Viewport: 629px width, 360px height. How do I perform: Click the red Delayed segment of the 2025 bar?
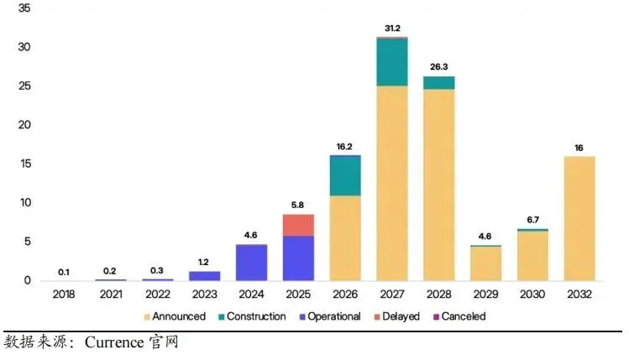[298, 225]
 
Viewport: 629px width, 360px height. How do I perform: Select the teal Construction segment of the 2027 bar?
[392, 62]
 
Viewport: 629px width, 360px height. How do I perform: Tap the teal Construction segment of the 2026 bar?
[345, 175]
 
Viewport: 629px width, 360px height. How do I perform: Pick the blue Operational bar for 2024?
[252, 263]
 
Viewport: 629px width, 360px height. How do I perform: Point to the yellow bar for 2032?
[579, 218]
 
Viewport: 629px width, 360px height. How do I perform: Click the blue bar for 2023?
[205, 276]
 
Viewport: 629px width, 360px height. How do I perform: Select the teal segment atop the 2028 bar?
[439, 83]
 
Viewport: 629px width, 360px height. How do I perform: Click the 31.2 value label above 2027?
[392, 28]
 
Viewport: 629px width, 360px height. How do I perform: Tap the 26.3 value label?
[439, 66]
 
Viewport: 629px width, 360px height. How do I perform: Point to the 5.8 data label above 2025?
[297, 205]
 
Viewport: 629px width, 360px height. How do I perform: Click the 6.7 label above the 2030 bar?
[532, 220]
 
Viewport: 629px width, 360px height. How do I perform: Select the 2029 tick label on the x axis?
[485, 295]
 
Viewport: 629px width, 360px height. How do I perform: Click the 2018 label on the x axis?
[63, 295]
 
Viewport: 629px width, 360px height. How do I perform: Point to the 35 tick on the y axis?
[24, 8]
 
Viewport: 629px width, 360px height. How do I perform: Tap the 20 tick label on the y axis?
[24, 125]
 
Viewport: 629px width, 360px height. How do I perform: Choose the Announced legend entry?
[175, 316]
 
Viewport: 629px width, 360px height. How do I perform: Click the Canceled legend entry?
[459, 316]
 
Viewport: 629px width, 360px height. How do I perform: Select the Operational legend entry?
[330, 316]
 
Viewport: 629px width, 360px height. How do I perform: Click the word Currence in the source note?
[114, 342]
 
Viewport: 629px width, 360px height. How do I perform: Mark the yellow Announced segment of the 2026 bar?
[345, 238]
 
